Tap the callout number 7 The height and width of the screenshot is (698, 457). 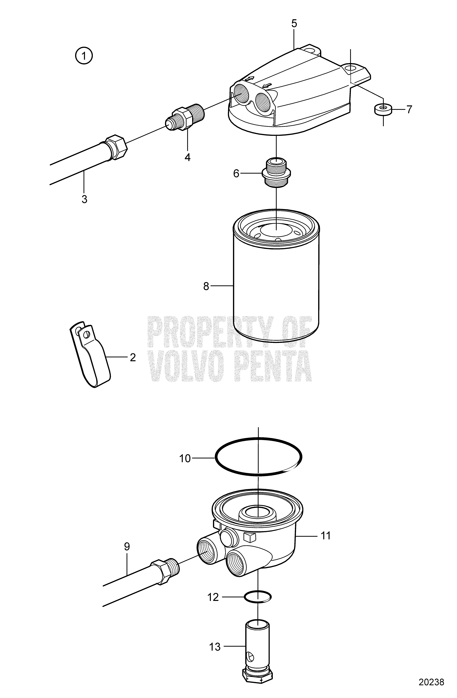(x=409, y=109)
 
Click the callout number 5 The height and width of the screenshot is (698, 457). (x=294, y=23)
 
